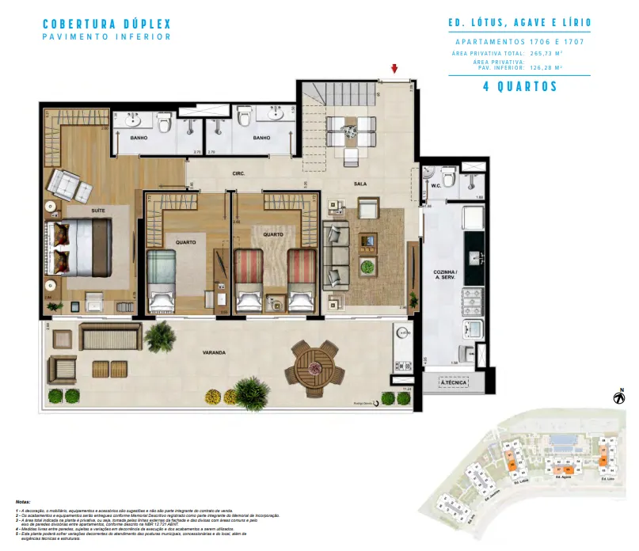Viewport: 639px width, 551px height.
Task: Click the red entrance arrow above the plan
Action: (394, 70)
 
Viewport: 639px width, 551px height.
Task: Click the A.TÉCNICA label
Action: (455, 384)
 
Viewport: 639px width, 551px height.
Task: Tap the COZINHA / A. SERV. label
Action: (445, 274)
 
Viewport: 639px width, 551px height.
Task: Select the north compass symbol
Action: (618, 398)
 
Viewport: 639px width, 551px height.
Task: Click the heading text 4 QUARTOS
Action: (520, 87)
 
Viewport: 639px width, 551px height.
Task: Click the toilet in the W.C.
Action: (448, 180)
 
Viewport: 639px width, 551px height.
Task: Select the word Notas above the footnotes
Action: (24, 502)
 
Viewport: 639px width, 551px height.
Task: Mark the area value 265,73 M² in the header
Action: (546, 53)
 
